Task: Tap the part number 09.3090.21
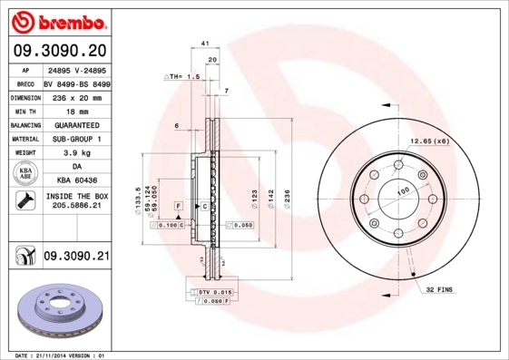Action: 75,258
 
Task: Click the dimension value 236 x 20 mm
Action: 75,96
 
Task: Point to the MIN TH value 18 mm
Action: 75,111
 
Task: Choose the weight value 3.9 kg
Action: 75,153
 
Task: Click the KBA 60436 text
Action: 75,181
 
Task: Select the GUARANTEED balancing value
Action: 75,124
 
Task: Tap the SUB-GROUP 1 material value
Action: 75,139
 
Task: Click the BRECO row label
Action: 25,83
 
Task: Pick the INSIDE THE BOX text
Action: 75,196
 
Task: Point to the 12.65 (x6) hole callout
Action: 429,141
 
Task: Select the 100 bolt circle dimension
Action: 404,190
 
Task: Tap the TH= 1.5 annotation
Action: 183,77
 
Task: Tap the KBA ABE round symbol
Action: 25,174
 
